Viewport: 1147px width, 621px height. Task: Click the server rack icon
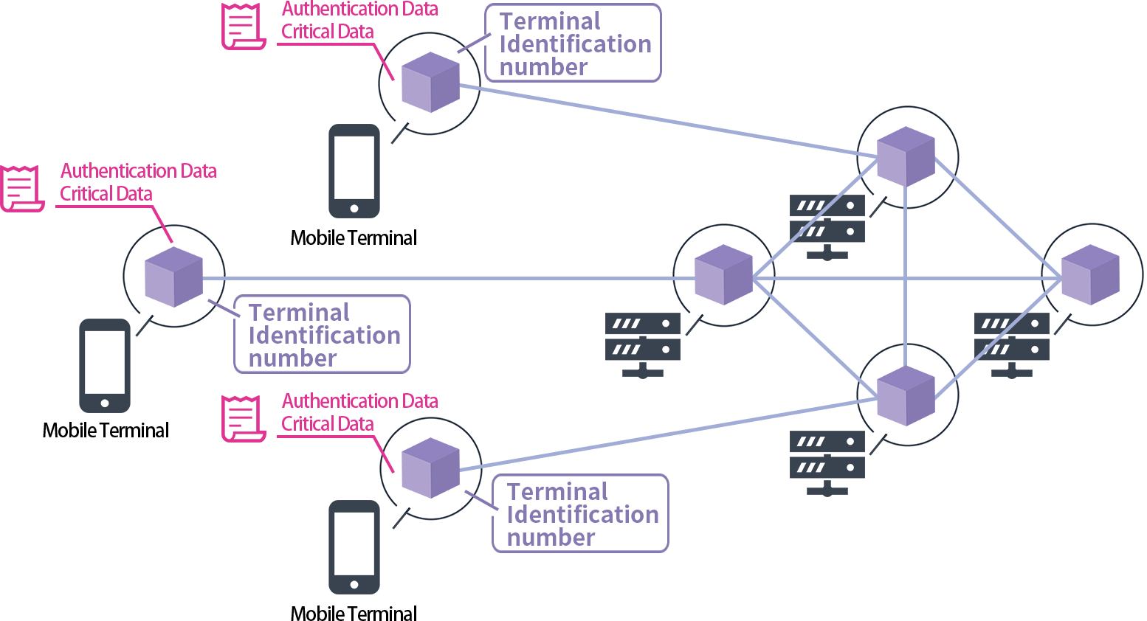point(642,344)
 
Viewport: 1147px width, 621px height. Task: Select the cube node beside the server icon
point(723,274)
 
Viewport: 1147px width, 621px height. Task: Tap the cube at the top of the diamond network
point(906,156)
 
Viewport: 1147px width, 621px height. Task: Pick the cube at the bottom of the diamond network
point(906,396)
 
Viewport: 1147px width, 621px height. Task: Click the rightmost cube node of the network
point(1090,274)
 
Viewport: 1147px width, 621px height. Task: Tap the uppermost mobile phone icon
point(354,171)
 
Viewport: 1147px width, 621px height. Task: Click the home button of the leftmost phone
point(105,403)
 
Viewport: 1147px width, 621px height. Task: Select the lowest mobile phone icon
point(354,547)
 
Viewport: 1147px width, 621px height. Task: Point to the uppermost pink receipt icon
point(243,27)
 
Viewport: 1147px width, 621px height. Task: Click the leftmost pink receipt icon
point(21,188)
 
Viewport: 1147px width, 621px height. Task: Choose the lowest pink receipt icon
point(243,418)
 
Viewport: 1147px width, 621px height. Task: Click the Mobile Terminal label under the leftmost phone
point(106,431)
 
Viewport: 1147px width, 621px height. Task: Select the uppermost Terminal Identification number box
point(573,44)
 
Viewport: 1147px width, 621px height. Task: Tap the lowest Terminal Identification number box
point(580,513)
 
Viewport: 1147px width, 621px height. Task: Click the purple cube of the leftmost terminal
point(173,277)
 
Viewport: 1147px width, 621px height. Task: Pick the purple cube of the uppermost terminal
point(430,82)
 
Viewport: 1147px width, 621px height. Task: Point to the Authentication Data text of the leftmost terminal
point(138,171)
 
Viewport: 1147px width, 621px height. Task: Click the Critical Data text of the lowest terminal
point(327,424)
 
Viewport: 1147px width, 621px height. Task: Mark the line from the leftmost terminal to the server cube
point(443,278)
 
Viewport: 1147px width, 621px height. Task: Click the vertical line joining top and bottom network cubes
point(906,310)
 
